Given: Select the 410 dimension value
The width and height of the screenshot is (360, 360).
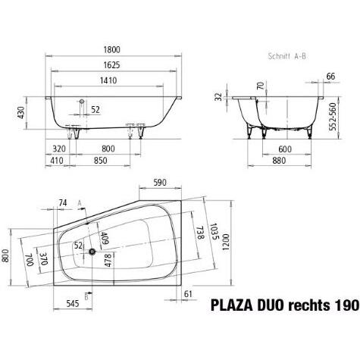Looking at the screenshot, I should pyautogui.click(x=58, y=161).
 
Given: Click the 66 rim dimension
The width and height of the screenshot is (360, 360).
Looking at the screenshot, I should pyautogui.click(x=330, y=77).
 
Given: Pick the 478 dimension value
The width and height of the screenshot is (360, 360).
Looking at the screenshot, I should pyautogui.click(x=108, y=261).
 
